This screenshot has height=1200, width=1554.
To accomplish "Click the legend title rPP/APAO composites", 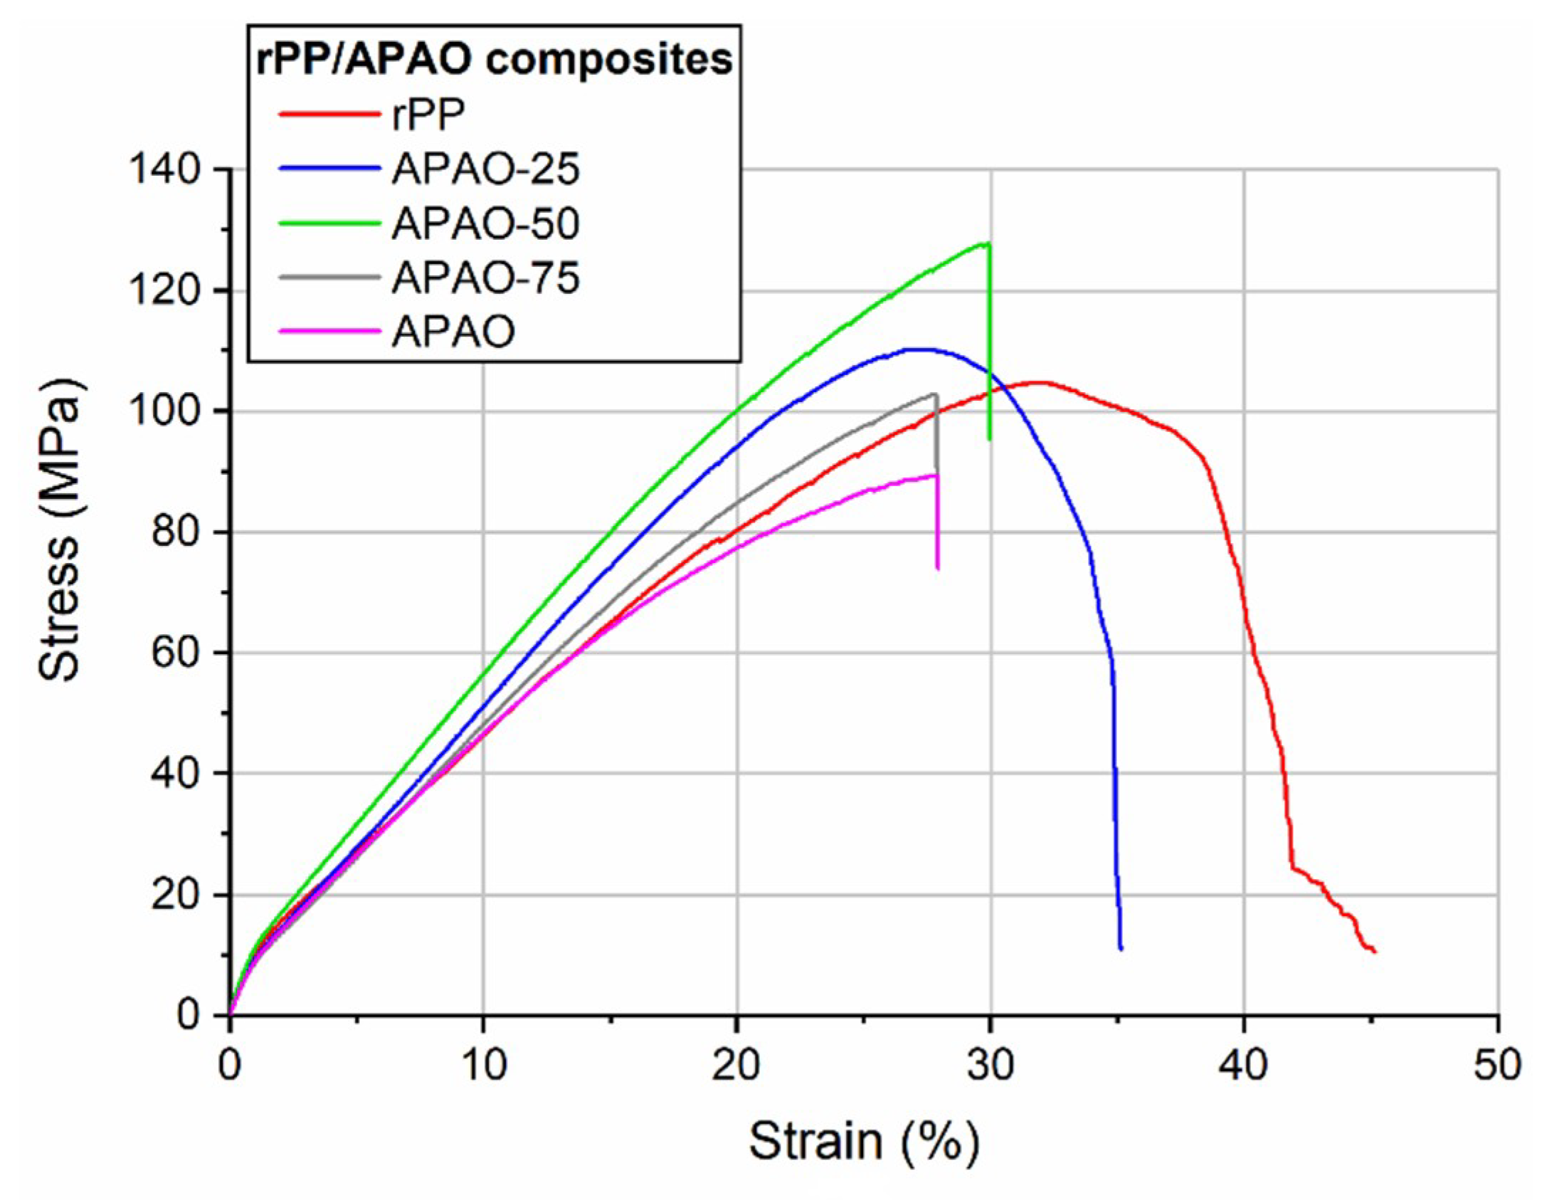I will (494, 59).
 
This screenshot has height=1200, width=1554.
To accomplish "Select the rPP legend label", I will (428, 115).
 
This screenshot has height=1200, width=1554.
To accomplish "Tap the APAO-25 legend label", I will (485, 169).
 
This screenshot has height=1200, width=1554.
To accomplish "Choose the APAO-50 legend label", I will (485, 223).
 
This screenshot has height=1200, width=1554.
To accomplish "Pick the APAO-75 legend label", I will (485, 278).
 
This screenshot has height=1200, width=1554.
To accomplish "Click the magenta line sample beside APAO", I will (329, 331).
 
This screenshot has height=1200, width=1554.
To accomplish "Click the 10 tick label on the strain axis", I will (483, 1065).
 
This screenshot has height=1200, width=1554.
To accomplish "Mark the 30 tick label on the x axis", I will (990, 1065).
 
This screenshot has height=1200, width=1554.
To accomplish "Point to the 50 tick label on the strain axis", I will (1497, 1065).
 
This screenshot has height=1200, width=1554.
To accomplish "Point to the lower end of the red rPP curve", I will (1374, 952).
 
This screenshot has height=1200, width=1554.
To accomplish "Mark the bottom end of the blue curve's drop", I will (1121, 949).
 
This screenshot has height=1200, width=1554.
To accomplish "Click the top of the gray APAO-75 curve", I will (934, 394).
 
